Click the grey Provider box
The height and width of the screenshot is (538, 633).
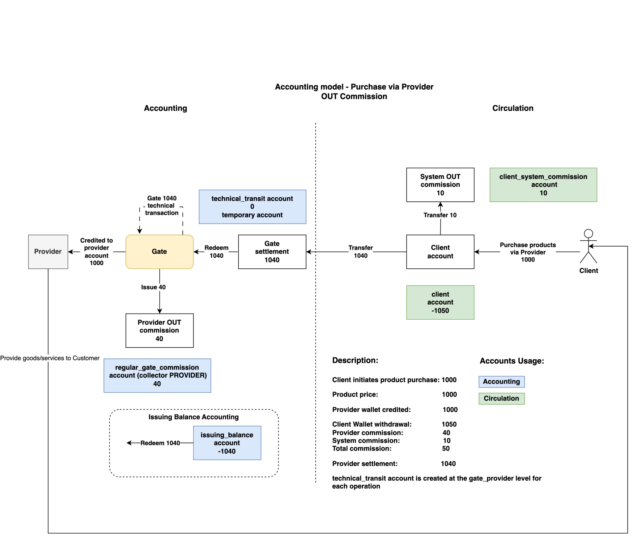[x=48, y=251]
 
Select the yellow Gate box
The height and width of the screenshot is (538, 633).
[x=159, y=251]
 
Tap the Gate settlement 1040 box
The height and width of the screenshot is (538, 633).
[x=272, y=251]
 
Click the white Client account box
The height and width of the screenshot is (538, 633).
[x=440, y=251]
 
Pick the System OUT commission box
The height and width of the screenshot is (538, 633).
[x=440, y=185]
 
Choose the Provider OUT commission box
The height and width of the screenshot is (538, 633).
[x=159, y=330]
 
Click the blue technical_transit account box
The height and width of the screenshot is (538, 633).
[x=252, y=207]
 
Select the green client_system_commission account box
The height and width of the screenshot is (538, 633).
[x=543, y=185]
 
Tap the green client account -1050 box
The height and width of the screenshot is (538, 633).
[x=440, y=302]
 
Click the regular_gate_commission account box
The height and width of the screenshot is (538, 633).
[x=157, y=376]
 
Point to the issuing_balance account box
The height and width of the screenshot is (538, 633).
[x=227, y=443]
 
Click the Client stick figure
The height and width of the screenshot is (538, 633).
[x=588, y=246]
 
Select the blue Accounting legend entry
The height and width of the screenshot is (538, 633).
[x=502, y=382]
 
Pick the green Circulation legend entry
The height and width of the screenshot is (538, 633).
[x=502, y=398]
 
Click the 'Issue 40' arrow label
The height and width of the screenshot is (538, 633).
[x=153, y=287]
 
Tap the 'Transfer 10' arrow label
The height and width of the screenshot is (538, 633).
[x=440, y=215]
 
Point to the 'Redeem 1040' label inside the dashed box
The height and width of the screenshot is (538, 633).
[x=160, y=443]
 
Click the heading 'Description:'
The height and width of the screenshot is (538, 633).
[x=355, y=360]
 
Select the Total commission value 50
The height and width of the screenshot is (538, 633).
[x=446, y=448]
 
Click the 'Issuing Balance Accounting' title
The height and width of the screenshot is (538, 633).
[x=193, y=417]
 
